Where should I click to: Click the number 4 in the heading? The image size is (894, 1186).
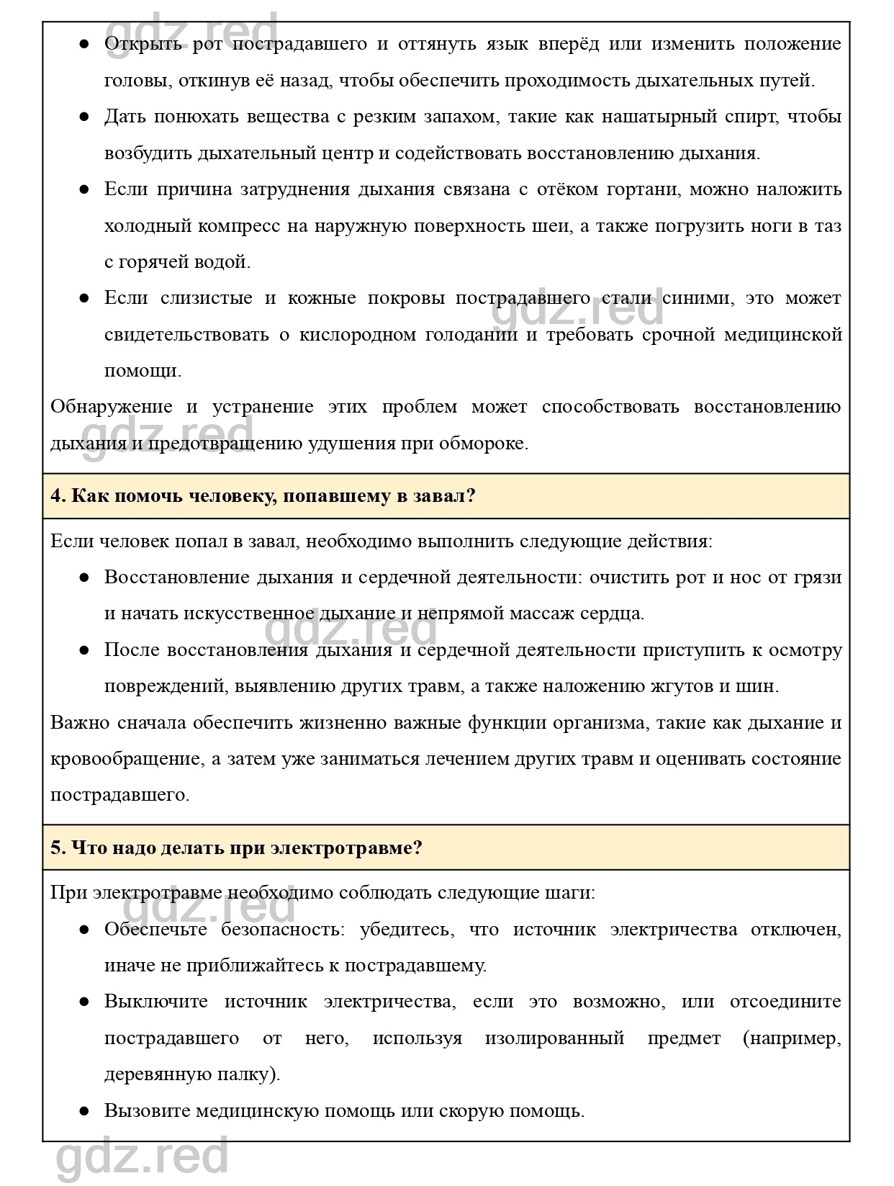[x=55, y=496]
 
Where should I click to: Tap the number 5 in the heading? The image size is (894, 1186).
[x=55, y=848]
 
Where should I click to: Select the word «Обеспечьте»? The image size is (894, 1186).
[x=155, y=930]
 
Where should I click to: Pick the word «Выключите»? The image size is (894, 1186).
[x=155, y=1002]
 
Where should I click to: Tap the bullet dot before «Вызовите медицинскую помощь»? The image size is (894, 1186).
[x=84, y=1111]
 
